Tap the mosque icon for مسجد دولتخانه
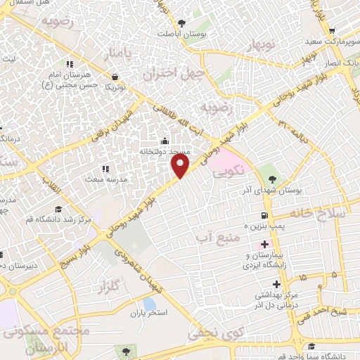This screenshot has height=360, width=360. (x=165, y=139)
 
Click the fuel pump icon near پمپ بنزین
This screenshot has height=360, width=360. (x=264, y=215)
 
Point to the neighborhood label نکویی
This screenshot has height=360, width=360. (x=229, y=170)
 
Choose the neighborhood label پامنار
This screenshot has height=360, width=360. (x=116, y=53)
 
